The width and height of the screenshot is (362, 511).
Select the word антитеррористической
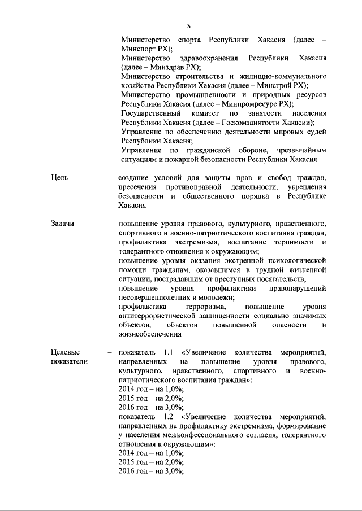point(161,316)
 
